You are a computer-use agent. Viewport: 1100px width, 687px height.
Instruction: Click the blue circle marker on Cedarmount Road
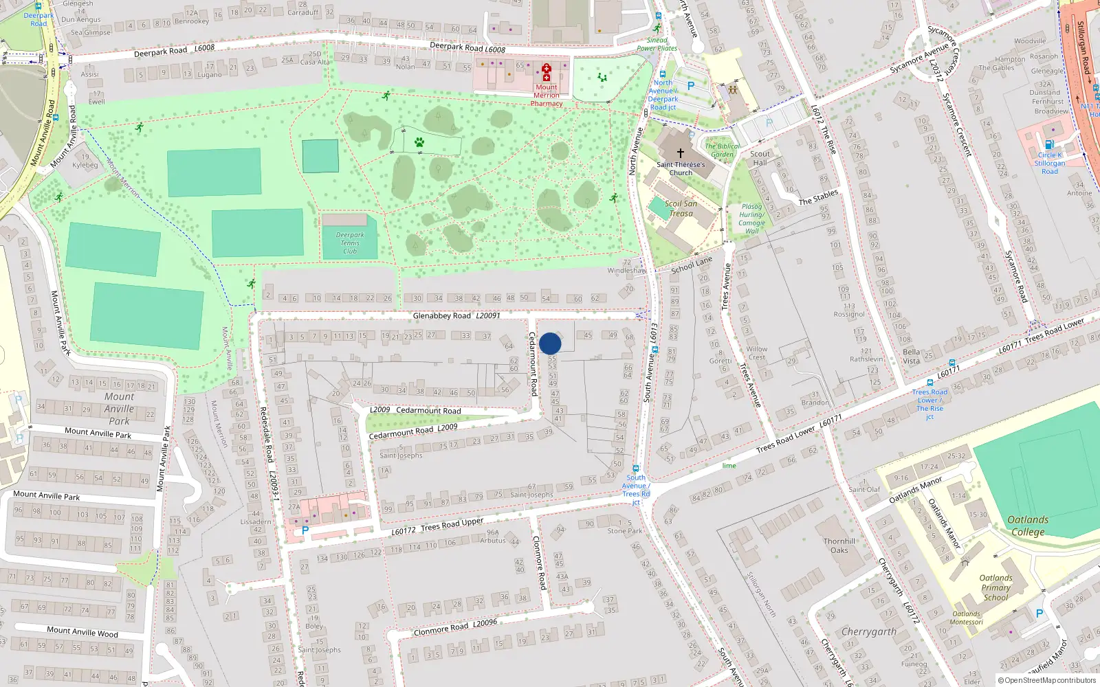(x=550, y=343)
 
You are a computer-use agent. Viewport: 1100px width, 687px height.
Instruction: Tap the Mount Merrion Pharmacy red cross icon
(x=547, y=72)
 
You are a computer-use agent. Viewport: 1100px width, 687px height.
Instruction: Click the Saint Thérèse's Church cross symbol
(x=681, y=153)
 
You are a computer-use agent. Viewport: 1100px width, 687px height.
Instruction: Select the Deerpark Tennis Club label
(x=350, y=243)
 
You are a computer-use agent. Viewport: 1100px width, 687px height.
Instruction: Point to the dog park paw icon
(x=419, y=142)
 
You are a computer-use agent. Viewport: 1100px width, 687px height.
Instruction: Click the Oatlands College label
(x=1028, y=526)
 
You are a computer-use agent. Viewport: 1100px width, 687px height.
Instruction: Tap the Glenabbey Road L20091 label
(x=456, y=316)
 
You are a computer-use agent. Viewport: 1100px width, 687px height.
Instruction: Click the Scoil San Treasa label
(x=681, y=208)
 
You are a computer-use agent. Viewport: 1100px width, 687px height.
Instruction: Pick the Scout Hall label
(x=760, y=158)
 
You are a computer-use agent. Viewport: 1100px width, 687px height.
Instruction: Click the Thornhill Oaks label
(x=839, y=545)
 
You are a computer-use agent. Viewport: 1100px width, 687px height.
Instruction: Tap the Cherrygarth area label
(x=869, y=631)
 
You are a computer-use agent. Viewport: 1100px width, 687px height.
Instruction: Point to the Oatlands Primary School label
(x=995, y=587)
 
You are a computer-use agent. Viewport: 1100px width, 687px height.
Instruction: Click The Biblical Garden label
(x=722, y=150)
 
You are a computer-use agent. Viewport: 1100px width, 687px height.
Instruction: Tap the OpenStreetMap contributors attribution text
(x=1047, y=680)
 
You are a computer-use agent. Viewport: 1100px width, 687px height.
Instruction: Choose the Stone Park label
(x=624, y=530)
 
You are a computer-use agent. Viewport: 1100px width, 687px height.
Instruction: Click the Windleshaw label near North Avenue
(x=626, y=271)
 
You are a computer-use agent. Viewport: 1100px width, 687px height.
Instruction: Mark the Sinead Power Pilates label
(x=657, y=44)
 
